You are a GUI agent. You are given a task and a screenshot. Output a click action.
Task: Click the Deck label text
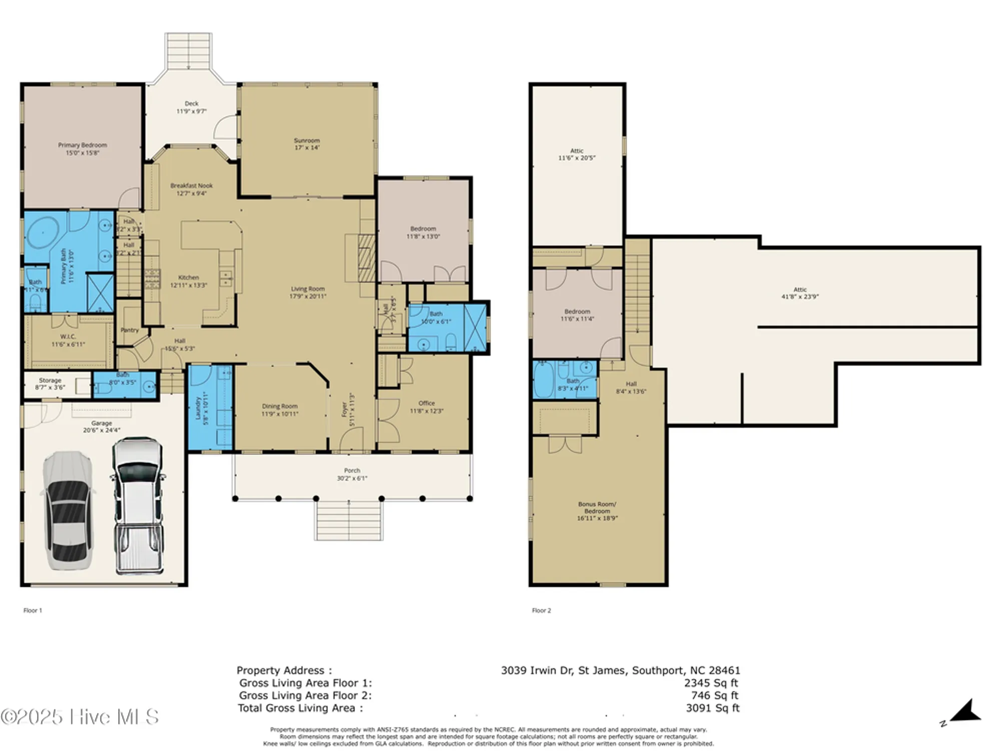point(191,104)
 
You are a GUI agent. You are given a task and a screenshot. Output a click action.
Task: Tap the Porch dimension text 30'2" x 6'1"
point(352,478)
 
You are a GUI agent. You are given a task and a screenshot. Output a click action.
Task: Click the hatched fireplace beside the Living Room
point(366,258)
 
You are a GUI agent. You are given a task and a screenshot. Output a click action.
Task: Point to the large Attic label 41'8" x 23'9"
point(800,293)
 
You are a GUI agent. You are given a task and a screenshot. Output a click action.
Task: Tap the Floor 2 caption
point(541,610)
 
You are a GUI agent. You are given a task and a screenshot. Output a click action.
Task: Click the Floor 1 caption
point(33,610)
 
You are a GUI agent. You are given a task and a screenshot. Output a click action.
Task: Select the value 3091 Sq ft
point(712,708)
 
